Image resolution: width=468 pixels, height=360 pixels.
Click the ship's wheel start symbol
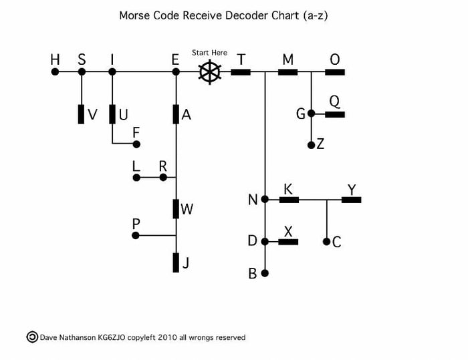pyautogui.click(x=209, y=71)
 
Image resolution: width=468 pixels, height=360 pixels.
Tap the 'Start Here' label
pyautogui.click(x=209, y=53)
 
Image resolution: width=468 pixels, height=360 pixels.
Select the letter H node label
pyautogui.click(x=55, y=60)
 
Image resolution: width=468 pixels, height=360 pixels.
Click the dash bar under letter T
pyautogui.click(x=241, y=71)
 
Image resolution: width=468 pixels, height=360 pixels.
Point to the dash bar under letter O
pyautogui.click(x=335, y=71)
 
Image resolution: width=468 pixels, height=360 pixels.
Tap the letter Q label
pyautogui.click(x=334, y=101)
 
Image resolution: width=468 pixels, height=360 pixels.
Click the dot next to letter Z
pyautogui.click(x=311, y=144)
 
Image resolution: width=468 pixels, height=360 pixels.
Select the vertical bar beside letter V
pyautogui.click(x=82, y=114)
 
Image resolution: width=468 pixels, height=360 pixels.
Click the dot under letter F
pyautogui.click(x=136, y=144)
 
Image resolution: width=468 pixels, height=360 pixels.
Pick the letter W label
pyautogui.click(x=187, y=210)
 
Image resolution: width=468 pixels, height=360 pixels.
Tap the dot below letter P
pyautogui.click(x=136, y=235)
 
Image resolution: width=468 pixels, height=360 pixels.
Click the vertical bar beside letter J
pyautogui.click(x=177, y=262)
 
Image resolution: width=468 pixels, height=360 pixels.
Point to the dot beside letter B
pyautogui.click(x=265, y=273)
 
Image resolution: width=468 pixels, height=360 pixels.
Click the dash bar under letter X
pyautogui.click(x=288, y=242)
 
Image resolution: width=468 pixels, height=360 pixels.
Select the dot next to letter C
pyautogui.click(x=326, y=242)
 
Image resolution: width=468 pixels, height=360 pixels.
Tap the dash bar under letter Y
pyautogui.click(x=352, y=199)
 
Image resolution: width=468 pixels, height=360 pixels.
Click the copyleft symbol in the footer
pyautogui.click(x=31, y=337)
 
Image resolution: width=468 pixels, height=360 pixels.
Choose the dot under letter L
pyautogui.click(x=136, y=178)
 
